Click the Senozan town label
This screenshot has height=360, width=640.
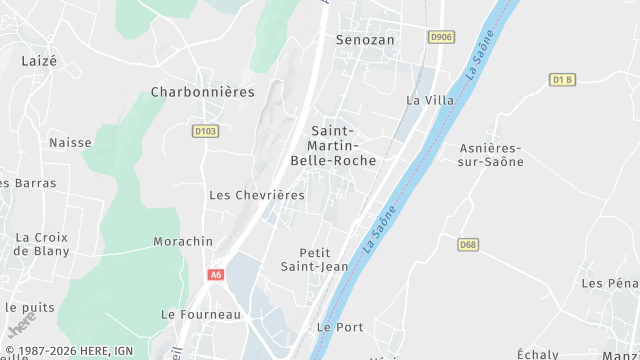click(365, 39)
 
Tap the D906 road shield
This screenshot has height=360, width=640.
click(440, 37)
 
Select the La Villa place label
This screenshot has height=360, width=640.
click(430, 100)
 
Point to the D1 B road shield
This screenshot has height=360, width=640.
click(563, 79)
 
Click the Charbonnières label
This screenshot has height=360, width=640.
click(202, 91)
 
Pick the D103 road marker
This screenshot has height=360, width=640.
click(205, 130)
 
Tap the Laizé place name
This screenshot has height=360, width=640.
click(39, 60)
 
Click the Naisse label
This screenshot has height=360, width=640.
click(70, 143)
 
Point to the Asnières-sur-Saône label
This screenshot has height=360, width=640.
click(490, 155)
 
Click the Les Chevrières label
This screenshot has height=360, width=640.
click(256, 195)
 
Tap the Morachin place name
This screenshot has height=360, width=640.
click(183, 242)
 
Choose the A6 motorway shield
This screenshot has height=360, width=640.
click(216, 274)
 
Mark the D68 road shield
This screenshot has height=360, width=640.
click(467, 244)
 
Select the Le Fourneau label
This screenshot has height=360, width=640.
click(201, 314)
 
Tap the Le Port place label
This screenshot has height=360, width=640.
click(339, 327)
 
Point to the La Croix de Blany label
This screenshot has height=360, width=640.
click(42, 244)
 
